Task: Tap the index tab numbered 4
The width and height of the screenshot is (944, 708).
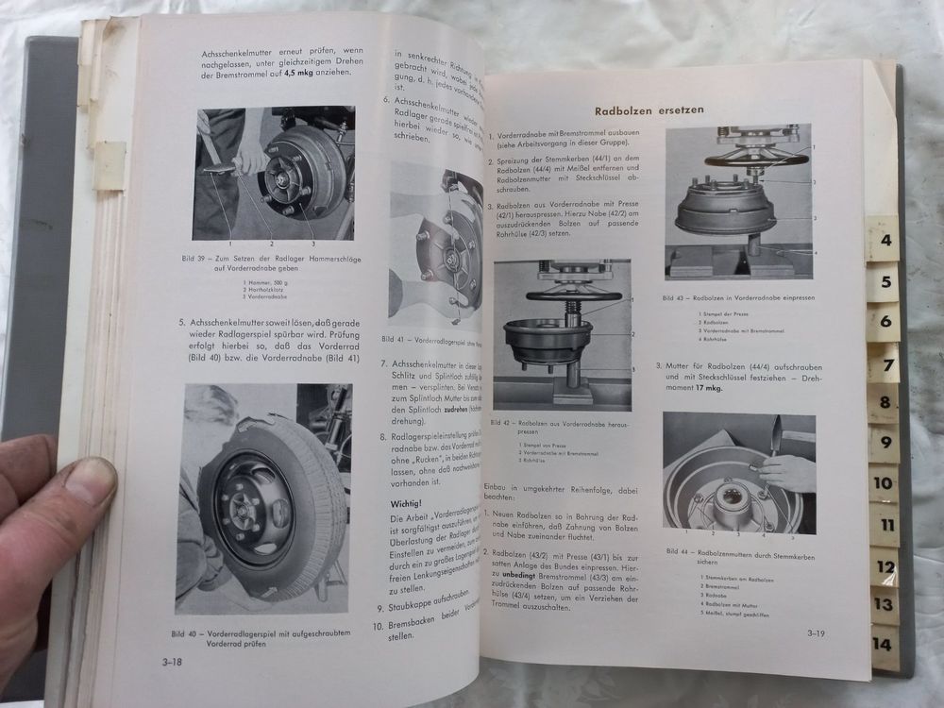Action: pos(885,240)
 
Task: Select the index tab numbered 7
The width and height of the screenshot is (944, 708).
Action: pos(885,362)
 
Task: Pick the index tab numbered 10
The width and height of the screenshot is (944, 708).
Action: pos(884,483)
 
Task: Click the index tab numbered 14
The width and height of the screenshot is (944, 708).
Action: pos(885,646)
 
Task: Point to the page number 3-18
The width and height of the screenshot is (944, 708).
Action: pos(172,663)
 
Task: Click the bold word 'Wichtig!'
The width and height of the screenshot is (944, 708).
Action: pos(410,504)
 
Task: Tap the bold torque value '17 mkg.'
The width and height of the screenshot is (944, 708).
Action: pos(696,388)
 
